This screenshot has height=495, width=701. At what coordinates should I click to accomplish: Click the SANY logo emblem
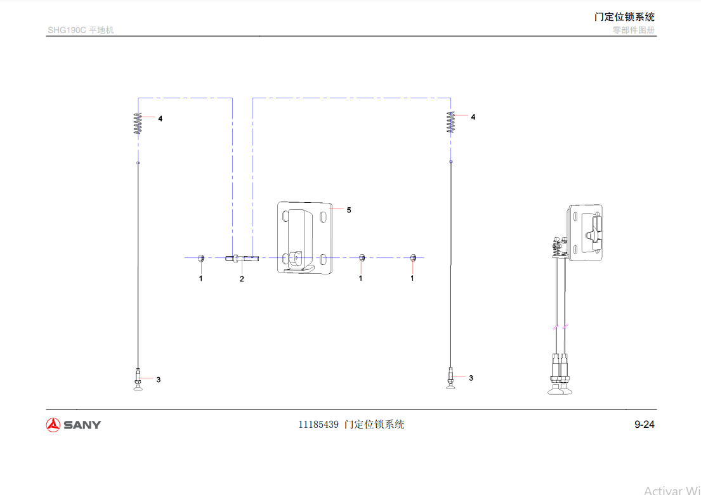(x=53, y=425)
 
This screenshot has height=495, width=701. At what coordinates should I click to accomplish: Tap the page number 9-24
(x=645, y=425)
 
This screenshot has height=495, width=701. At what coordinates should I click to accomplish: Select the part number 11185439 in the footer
(x=318, y=425)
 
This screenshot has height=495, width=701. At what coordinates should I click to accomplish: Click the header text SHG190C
(x=67, y=30)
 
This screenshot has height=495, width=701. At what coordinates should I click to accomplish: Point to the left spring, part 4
(x=138, y=124)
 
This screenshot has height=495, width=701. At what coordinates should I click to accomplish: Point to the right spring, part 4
(x=450, y=122)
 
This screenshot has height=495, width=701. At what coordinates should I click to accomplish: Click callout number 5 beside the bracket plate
(x=349, y=210)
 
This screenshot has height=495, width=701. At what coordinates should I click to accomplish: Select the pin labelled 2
(x=242, y=258)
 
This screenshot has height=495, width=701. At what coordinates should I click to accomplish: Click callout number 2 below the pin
(x=242, y=280)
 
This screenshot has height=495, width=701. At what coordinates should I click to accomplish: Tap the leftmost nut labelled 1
(x=201, y=258)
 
